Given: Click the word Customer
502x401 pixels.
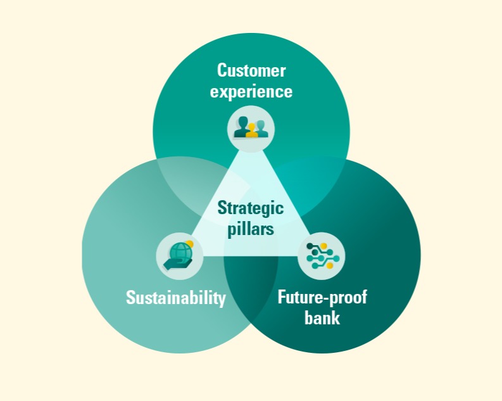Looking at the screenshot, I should [251, 70].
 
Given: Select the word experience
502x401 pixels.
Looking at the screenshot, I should [251, 91].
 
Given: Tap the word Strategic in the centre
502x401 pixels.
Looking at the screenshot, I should [251, 208].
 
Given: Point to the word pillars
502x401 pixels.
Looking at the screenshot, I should [251, 229].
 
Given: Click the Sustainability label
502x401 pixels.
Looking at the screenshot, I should [176, 298].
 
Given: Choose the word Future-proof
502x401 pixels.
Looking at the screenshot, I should [322, 297].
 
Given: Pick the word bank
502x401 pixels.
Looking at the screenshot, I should [322, 317].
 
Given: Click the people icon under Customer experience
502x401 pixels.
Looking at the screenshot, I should [251, 129].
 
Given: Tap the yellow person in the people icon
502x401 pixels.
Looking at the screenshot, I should [252, 131].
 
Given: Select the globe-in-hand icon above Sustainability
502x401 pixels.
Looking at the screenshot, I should [179, 256].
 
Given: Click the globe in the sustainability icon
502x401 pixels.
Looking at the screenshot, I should [179, 251].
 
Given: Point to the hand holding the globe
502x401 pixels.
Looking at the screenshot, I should [177, 264].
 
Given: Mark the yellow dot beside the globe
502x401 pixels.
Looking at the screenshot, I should [189, 244].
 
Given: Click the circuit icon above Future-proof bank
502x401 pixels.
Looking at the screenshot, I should [321, 256].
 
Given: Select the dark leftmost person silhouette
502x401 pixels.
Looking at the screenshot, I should [241, 127].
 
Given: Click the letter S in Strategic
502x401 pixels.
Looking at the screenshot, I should [222, 208].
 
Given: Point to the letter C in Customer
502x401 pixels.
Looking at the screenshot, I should [222, 70].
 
